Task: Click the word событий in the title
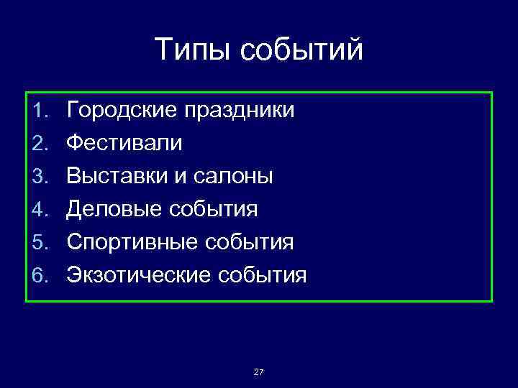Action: point(302,50)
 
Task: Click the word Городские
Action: point(122,111)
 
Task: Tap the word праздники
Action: point(239,111)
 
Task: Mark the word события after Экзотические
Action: point(263,275)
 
